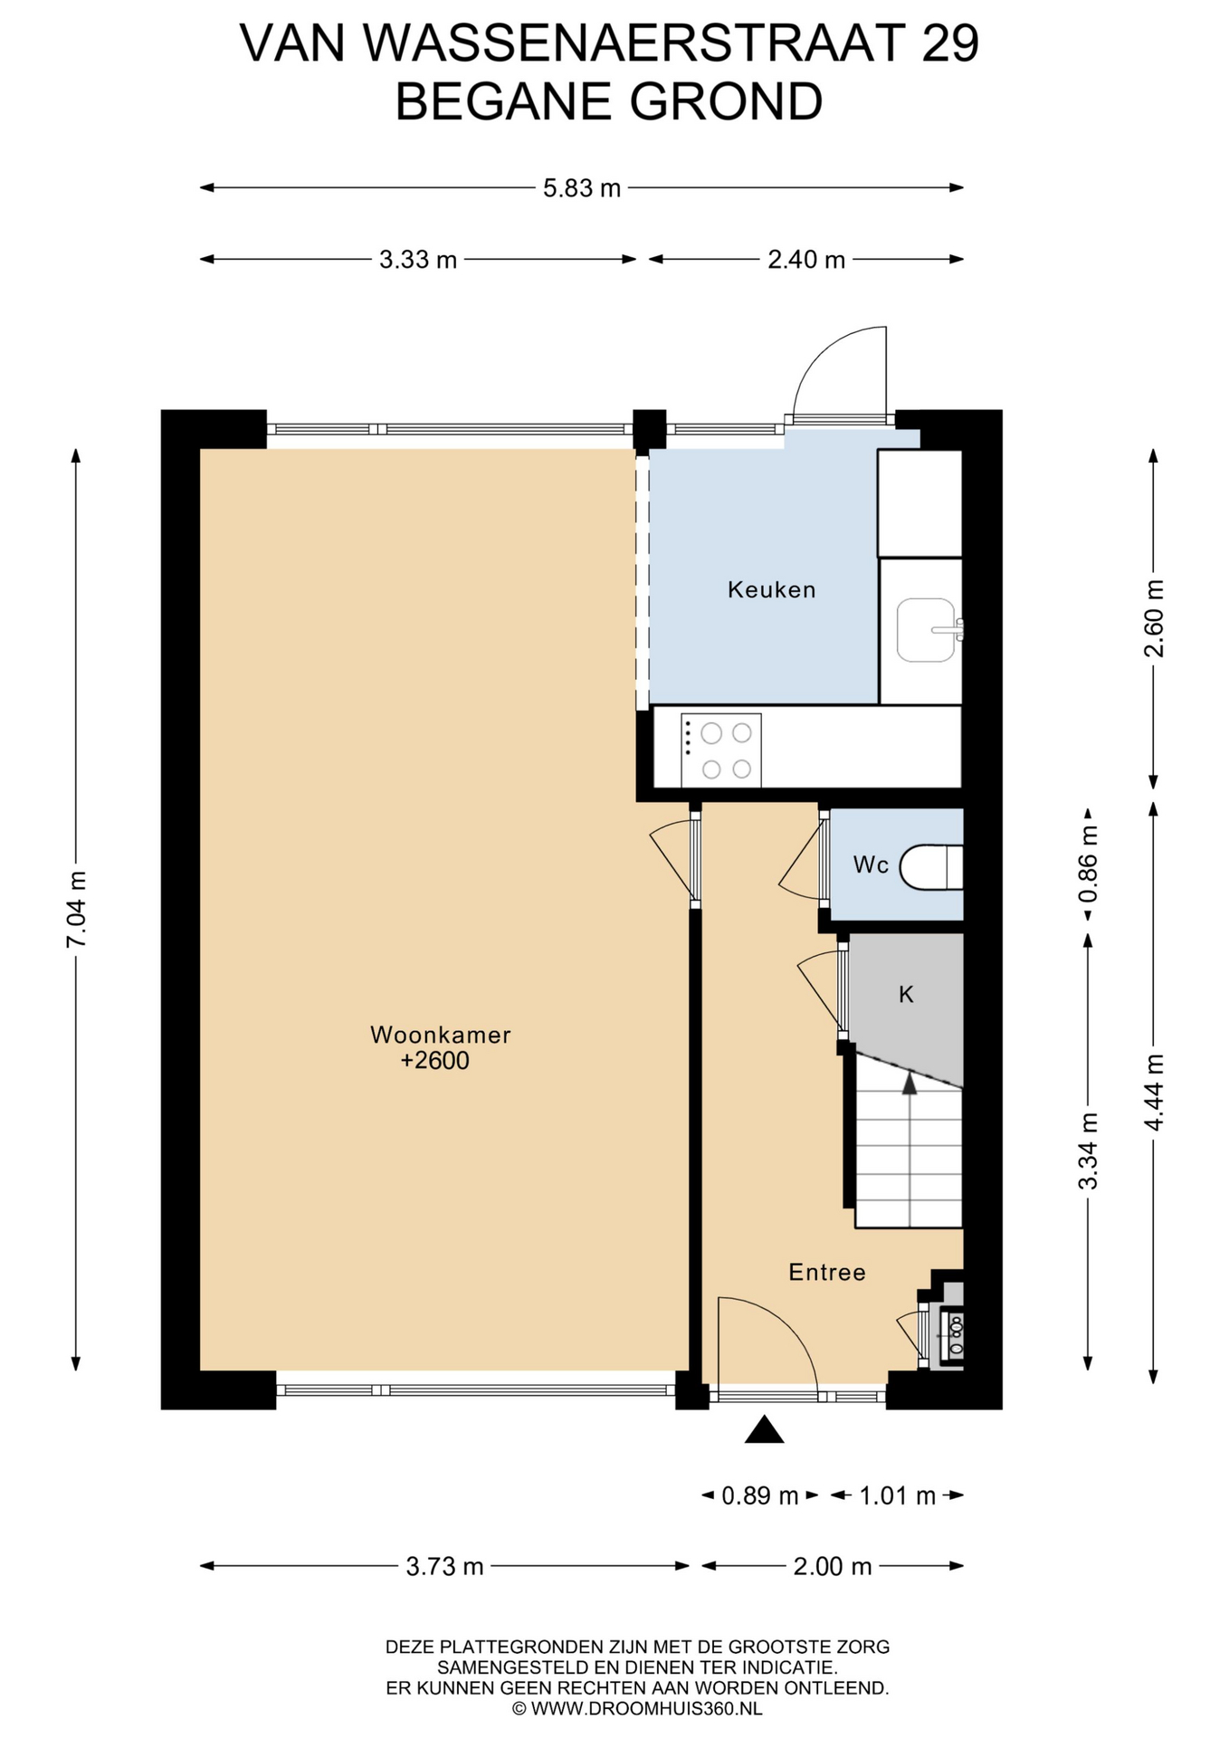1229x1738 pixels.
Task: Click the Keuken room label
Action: (771, 590)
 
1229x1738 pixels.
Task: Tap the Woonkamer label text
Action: (440, 1035)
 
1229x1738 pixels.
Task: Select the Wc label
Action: (871, 865)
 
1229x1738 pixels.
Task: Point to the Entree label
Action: (827, 1273)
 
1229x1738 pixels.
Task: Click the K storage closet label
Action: (906, 995)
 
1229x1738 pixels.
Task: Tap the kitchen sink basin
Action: (926, 629)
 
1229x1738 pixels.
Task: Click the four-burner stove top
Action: (720, 750)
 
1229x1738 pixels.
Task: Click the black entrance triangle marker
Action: (764, 1429)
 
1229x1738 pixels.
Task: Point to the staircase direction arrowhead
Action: (910, 1083)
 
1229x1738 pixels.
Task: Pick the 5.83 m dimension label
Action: (582, 188)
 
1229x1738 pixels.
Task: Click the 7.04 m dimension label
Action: (76, 909)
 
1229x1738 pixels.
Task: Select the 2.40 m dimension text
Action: (806, 260)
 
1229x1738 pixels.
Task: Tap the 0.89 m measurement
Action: (759, 1495)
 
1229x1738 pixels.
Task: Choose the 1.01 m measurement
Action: (897, 1495)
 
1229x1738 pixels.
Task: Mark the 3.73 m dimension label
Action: (444, 1566)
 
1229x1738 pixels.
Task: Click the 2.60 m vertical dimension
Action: (1154, 618)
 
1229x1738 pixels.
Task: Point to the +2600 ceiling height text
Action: (435, 1061)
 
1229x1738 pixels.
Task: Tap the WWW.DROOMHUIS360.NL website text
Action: (646, 1709)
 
